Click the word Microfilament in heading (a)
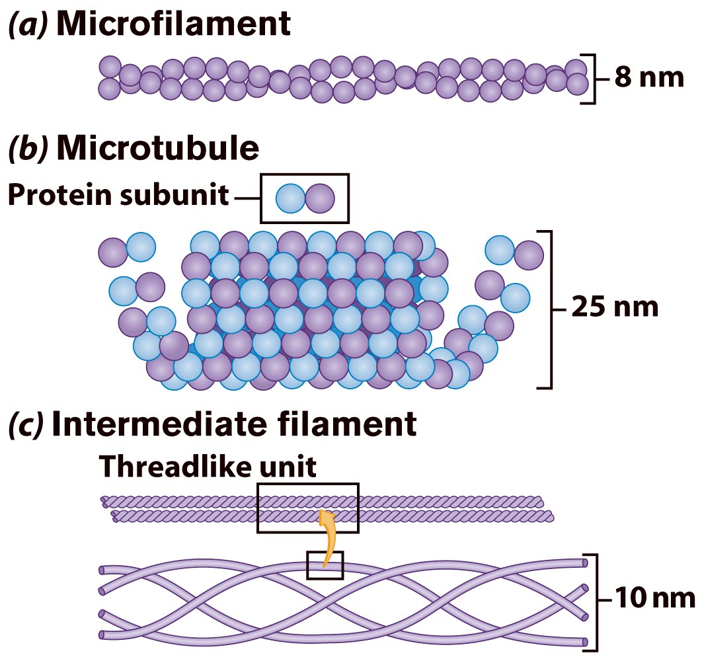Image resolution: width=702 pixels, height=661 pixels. coord(173,24)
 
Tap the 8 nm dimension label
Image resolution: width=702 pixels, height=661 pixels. coord(648,78)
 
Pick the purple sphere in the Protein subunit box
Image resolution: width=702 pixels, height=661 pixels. coord(320,198)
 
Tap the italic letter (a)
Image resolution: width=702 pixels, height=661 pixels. coord(27,25)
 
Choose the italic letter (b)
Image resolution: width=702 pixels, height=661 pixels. coord(27,149)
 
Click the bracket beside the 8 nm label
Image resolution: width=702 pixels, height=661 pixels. coord(592,78)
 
